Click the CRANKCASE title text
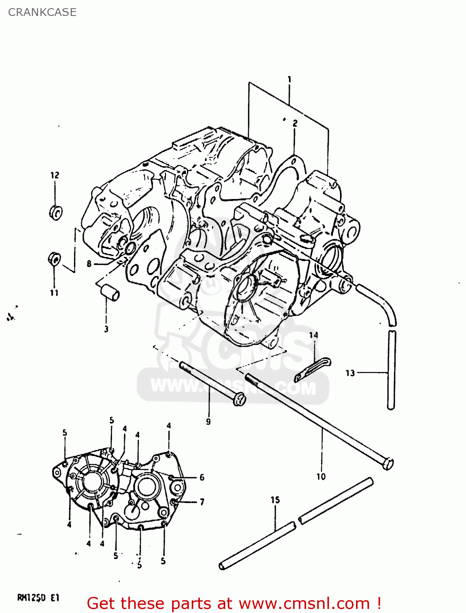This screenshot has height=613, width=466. point(42,12)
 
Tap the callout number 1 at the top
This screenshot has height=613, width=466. point(289,79)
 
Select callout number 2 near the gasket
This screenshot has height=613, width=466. point(295,123)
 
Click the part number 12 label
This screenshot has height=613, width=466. point(55,175)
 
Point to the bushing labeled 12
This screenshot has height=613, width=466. point(56,213)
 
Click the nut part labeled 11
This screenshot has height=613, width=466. point(55,259)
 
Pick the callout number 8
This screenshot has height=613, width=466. point(89,264)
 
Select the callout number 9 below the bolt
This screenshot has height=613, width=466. point(208,421)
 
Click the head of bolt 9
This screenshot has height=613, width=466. point(240,399)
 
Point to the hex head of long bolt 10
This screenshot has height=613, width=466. point(387,463)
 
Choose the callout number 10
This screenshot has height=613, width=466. point(321,476)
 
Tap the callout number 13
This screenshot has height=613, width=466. point(350,373)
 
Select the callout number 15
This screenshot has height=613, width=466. point(275,500)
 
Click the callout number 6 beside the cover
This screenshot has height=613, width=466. point(202,477)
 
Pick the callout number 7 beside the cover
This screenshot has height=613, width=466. point(202,502)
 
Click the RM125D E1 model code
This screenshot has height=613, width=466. point(38,598)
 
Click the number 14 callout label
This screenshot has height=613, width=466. point(314,335)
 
